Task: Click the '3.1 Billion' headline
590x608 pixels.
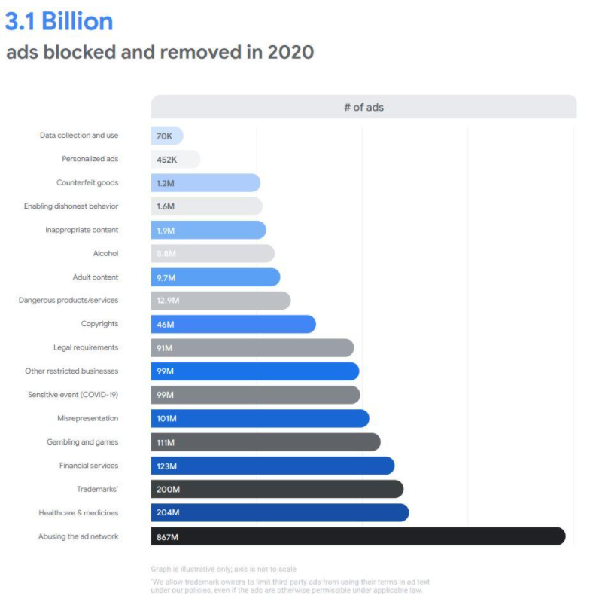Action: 59,21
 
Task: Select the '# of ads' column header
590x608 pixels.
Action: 363,107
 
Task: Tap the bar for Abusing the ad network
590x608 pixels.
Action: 357,536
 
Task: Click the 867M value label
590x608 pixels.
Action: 168,536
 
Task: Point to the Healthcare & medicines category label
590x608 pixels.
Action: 78,513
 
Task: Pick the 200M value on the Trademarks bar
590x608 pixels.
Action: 169,490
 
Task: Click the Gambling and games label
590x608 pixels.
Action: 83,442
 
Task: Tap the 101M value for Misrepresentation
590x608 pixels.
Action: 167,419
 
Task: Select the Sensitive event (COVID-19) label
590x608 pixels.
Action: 73,395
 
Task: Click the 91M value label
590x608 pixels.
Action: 165,348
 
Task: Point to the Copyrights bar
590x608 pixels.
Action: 233,324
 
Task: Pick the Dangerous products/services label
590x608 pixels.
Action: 68,301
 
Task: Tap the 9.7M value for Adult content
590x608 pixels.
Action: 167,277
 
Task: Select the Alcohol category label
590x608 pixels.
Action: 105,254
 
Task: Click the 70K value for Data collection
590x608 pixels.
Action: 165,136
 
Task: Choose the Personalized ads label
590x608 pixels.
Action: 90,159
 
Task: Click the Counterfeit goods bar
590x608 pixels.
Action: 205,183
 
